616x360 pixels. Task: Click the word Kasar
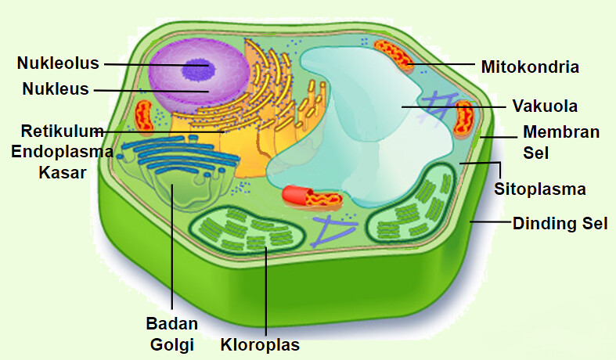pyautogui.click(x=62, y=173)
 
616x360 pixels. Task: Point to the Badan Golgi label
pyautogui.click(x=171, y=333)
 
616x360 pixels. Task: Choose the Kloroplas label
pyautogui.click(x=260, y=344)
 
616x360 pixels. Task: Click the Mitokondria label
pyautogui.click(x=530, y=67)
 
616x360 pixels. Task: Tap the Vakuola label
pyautogui.click(x=545, y=106)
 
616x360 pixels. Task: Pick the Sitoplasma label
pyautogui.click(x=540, y=189)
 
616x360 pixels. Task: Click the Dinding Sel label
pyautogui.click(x=560, y=224)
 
